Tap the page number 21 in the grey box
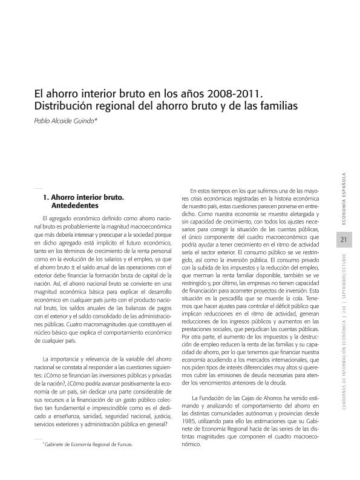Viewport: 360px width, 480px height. (343, 240)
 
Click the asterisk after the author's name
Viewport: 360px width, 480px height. (96, 120)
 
